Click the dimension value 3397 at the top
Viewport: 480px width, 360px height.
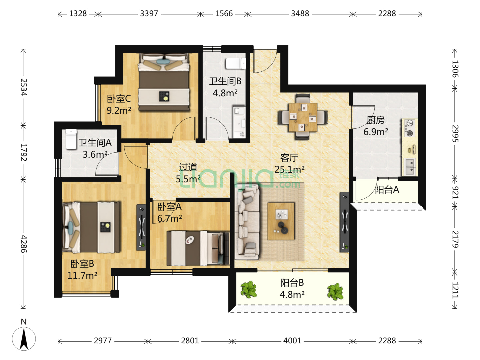pos(149,14)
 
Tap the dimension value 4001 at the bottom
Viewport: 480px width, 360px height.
pos(292,341)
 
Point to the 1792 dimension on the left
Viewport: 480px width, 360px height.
pos(23,152)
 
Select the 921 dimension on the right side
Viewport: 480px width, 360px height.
pos(455,192)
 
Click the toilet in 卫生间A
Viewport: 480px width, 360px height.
pos(71,139)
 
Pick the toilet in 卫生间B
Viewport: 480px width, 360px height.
pos(236,63)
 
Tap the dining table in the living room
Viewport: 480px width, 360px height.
pos(303,117)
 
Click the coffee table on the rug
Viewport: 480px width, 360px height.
pos(281,221)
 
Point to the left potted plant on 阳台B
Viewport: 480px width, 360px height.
pos(249,289)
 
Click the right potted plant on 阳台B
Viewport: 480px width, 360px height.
pos(335,291)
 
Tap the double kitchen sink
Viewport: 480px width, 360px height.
pos(410,167)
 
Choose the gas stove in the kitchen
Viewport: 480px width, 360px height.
pos(409,128)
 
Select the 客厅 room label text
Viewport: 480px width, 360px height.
pos(289,158)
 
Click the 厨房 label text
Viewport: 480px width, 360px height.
pos(375,120)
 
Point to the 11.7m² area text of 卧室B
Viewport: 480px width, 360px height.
pos(82,275)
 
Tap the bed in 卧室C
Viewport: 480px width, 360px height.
pos(164,82)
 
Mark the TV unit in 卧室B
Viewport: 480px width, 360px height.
pos(141,227)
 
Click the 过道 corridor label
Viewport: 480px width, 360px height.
pos(188,167)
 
